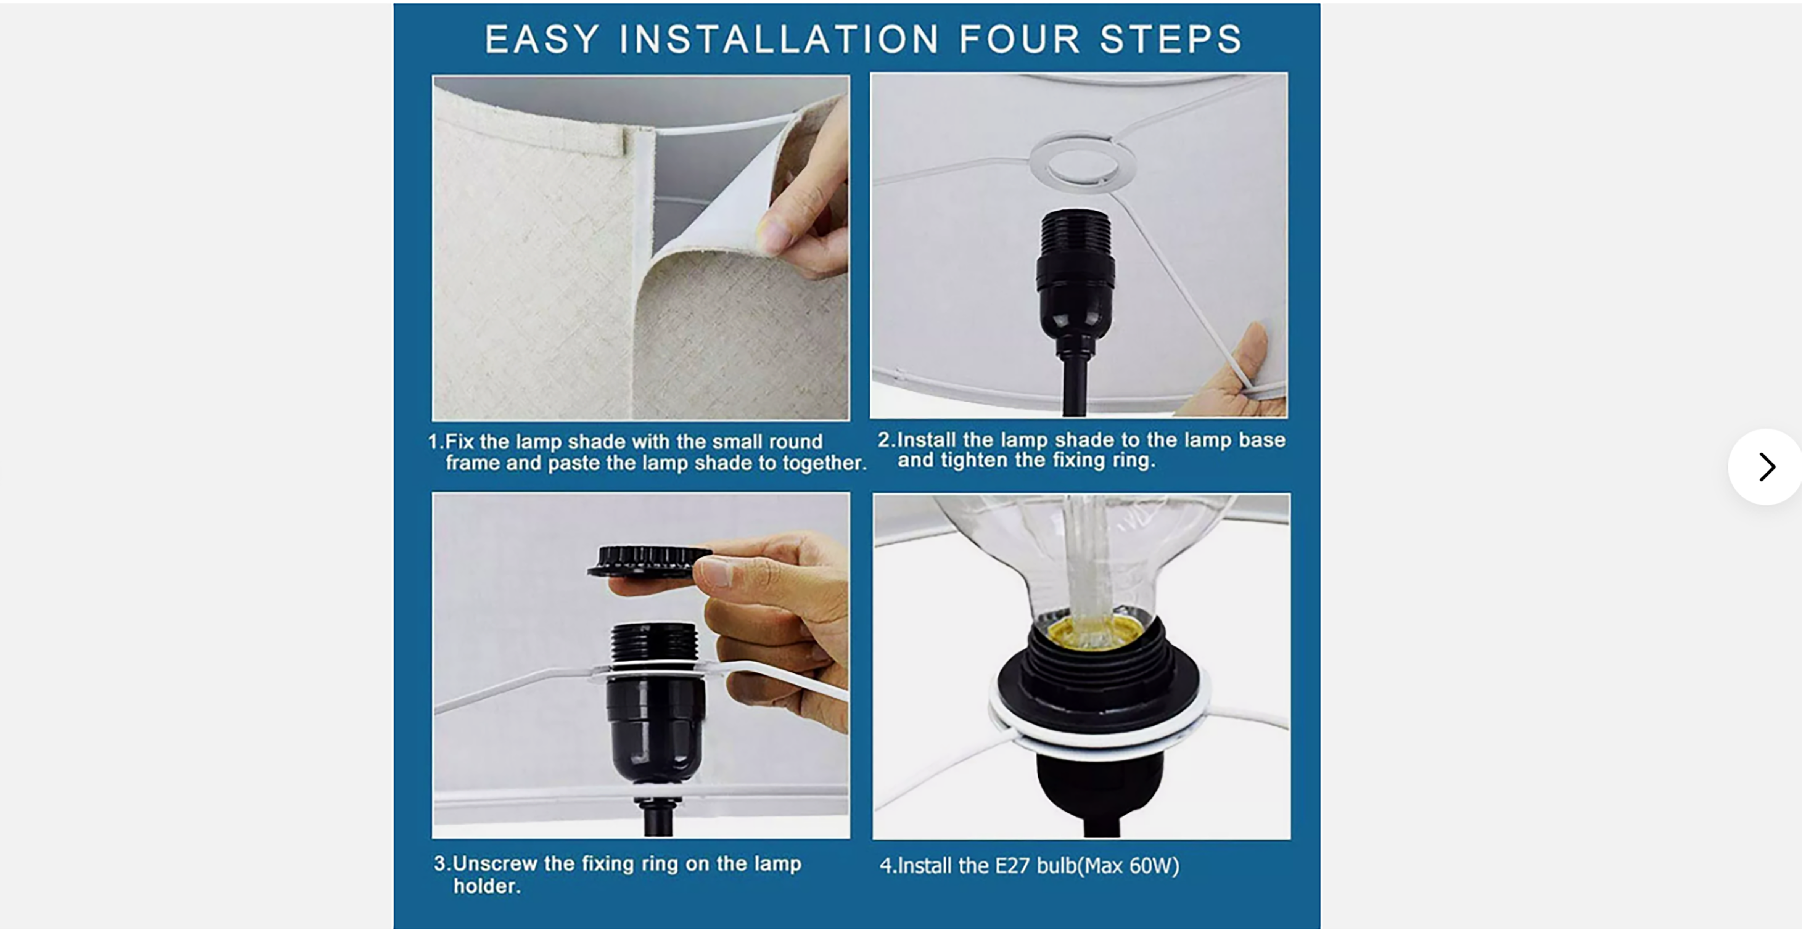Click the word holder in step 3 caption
[x=485, y=886]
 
